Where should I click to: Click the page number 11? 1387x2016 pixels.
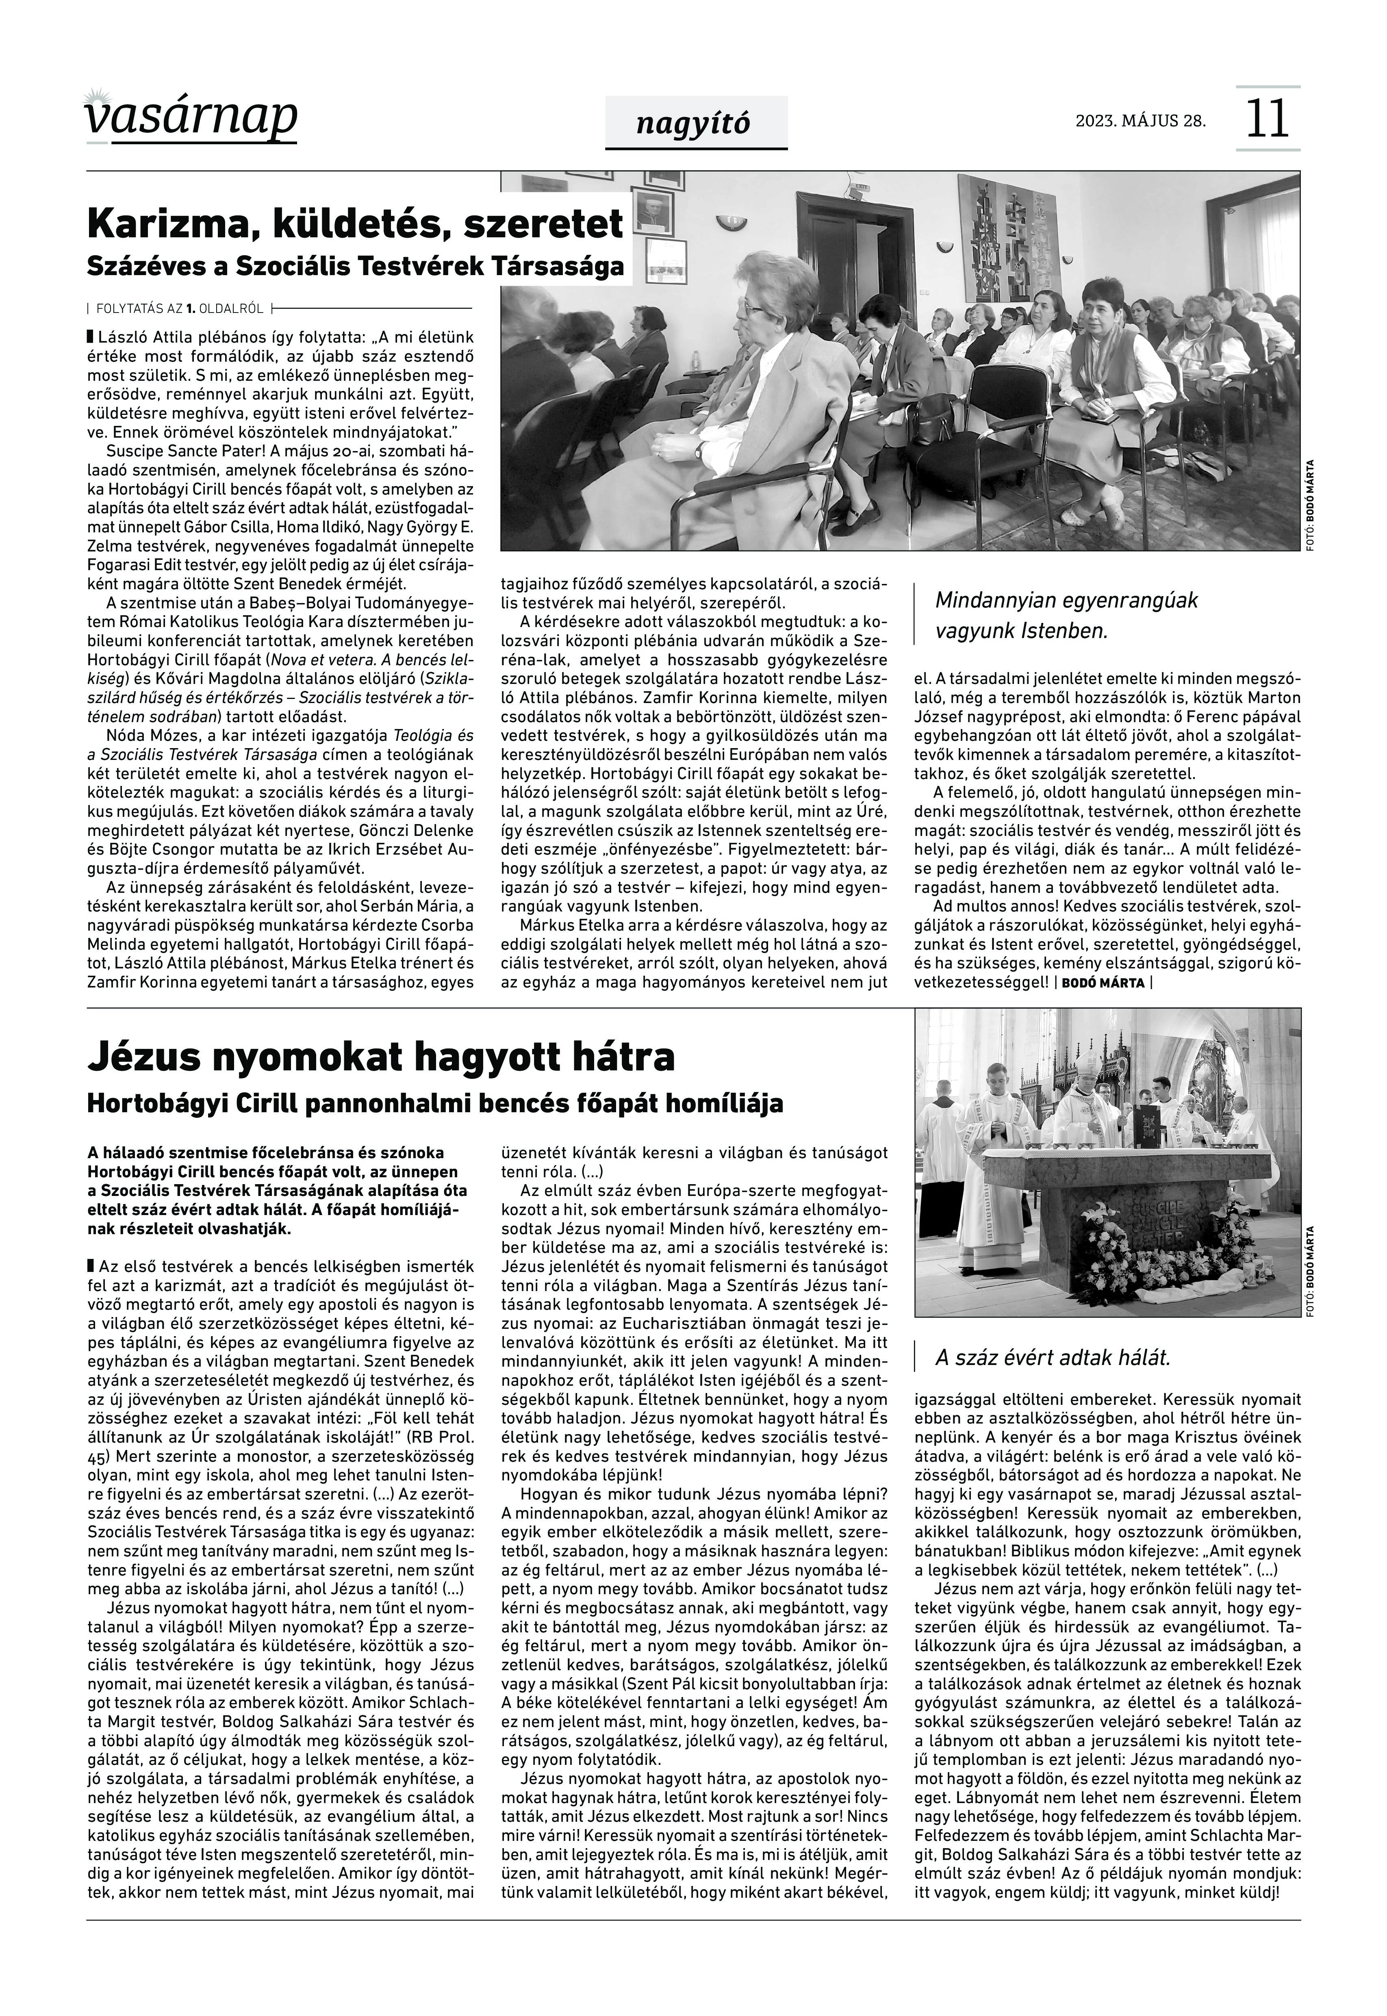tap(1267, 119)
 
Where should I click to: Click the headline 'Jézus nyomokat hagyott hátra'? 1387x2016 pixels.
tap(381, 1057)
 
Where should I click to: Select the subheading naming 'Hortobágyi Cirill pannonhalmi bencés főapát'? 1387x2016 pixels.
tap(434, 1104)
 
